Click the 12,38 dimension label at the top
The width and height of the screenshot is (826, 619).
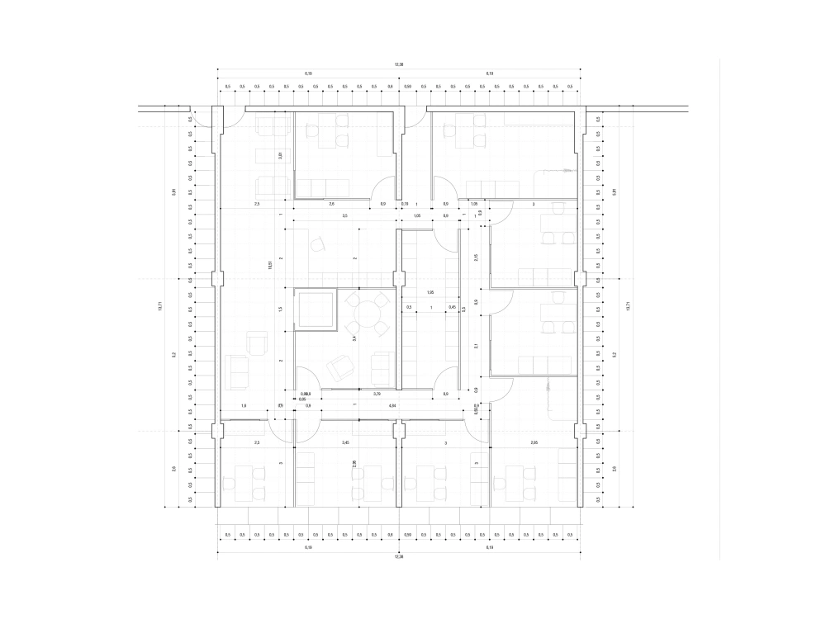tap(399, 64)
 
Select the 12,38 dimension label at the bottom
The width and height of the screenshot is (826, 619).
tap(399, 557)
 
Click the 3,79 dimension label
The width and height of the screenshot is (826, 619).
tap(377, 395)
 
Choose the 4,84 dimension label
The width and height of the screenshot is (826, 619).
tap(392, 405)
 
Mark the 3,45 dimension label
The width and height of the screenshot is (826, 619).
tap(345, 444)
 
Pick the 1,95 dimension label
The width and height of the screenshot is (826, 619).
tap(430, 293)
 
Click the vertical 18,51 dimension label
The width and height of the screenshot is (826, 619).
tap(270, 266)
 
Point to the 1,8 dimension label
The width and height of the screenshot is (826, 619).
tap(244, 405)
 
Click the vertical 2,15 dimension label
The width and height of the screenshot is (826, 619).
tap(476, 257)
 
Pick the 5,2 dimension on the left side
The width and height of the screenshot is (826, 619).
tap(174, 355)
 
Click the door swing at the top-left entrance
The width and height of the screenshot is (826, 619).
tap(233, 117)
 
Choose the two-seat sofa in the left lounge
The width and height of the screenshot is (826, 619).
tap(238, 371)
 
